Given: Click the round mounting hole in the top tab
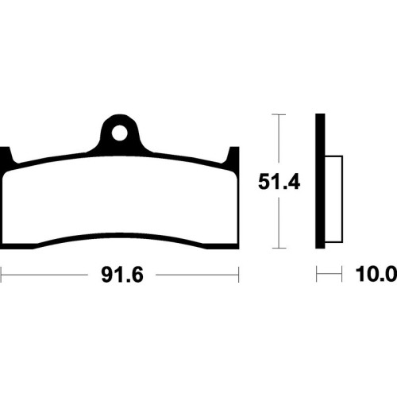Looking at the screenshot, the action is click(119, 133).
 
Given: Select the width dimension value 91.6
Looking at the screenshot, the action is click(122, 275).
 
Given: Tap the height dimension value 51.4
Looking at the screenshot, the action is click(279, 182).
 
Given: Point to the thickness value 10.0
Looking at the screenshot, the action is click(376, 274).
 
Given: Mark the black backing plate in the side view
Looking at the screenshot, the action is click(320, 181).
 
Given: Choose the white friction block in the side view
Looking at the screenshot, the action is click(334, 199).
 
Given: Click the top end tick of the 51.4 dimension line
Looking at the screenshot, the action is click(279, 114).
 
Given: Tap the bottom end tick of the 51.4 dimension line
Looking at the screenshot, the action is click(279, 248).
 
